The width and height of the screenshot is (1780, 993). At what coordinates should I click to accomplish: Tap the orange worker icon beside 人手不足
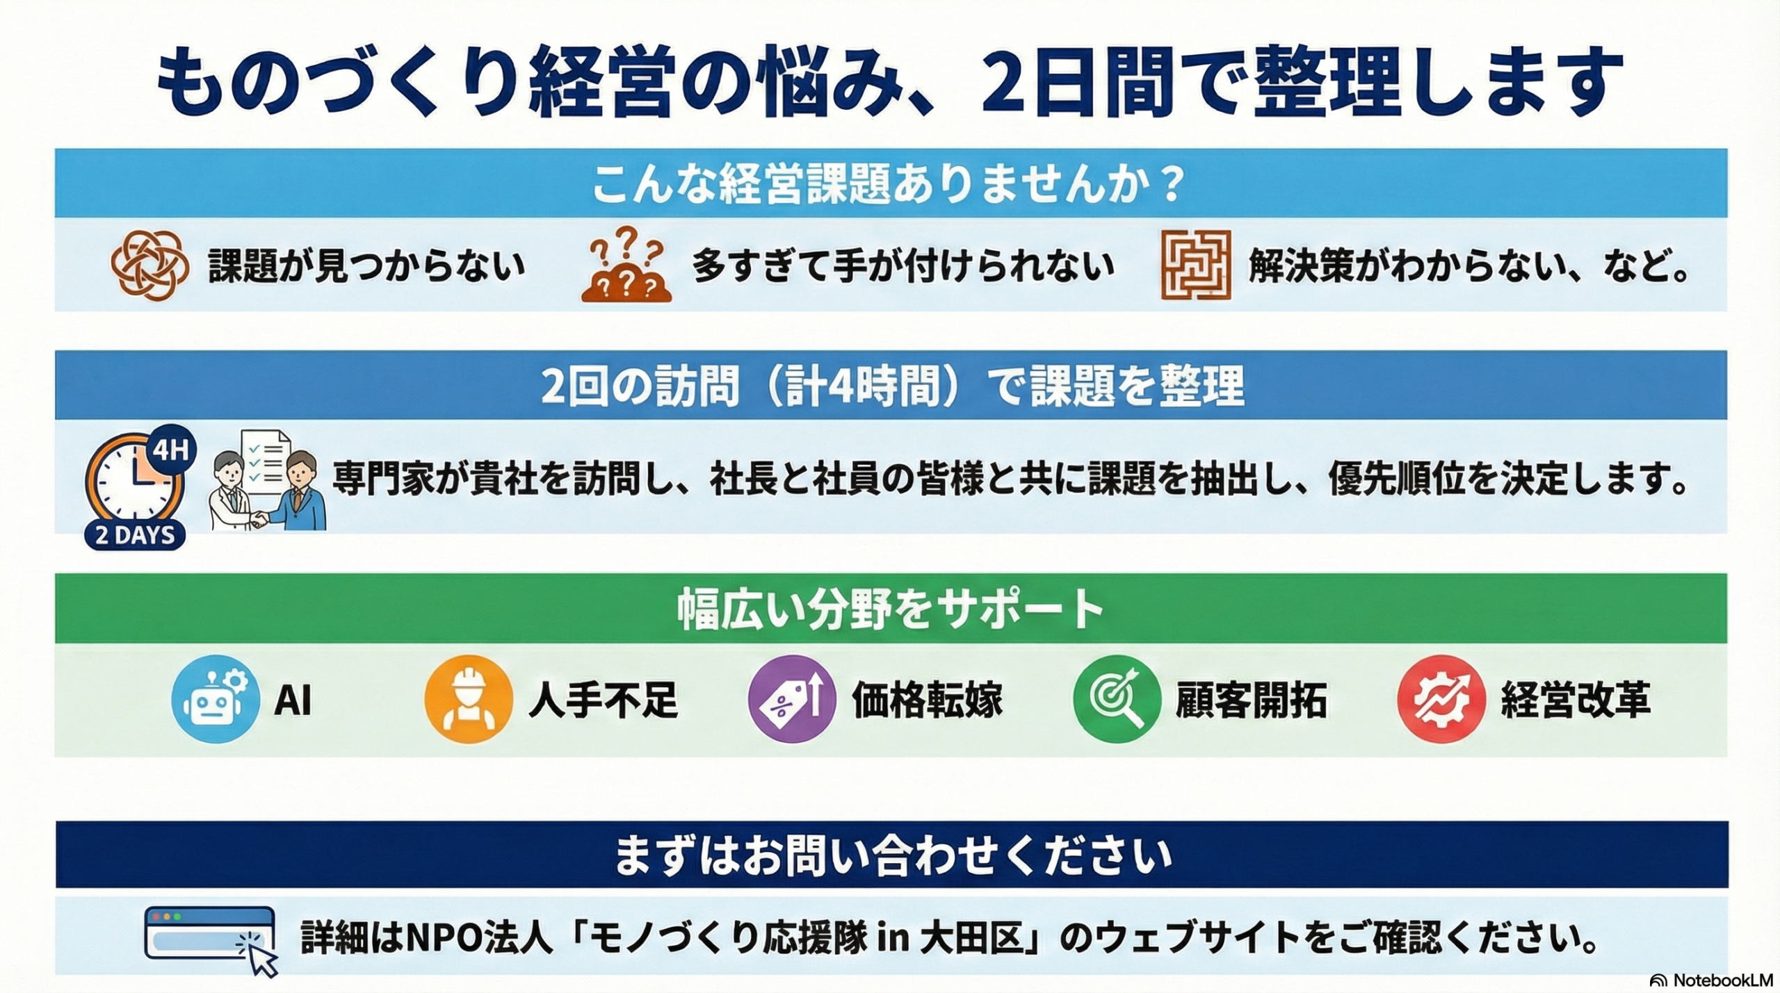point(469,699)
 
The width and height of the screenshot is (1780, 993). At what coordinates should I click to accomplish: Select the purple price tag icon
point(792,699)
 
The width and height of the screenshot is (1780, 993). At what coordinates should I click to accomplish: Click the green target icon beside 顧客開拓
point(1117,699)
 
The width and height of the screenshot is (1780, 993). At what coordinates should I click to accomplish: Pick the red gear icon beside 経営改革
point(1441,699)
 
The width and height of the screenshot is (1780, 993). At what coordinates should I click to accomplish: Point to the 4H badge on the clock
point(170,451)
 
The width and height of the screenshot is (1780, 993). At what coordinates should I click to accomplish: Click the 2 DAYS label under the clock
point(135,535)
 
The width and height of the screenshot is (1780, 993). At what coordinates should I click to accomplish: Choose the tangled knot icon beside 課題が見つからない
point(149,265)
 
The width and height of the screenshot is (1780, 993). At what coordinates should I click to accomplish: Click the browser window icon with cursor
point(211,941)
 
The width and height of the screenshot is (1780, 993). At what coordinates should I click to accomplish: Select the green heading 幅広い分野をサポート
point(890,609)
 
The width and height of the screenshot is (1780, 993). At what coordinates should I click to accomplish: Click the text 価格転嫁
point(927,700)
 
